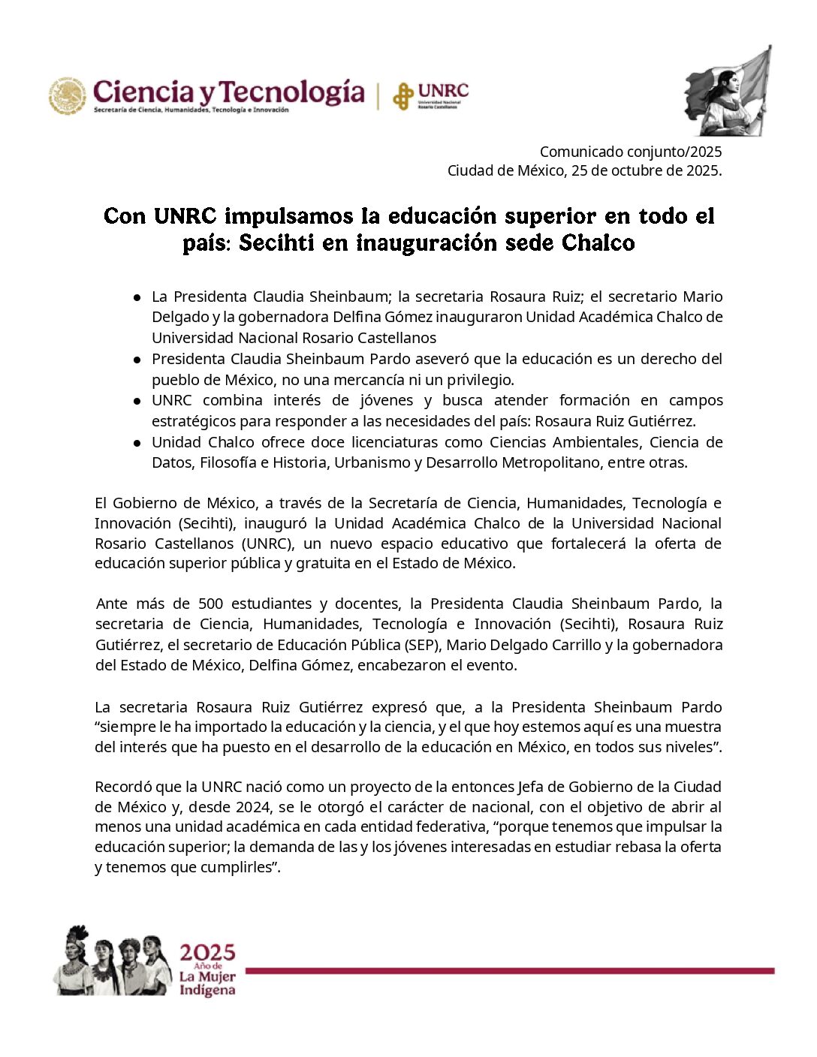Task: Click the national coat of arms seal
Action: (68, 96)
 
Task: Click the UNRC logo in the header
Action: (431, 95)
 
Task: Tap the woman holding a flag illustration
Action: (727, 92)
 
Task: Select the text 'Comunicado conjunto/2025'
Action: (631, 152)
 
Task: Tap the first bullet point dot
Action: (137, 297)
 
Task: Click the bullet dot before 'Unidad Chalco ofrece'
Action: (137, 443)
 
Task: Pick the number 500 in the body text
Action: (210, 604)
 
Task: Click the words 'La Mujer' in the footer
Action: (207, 977)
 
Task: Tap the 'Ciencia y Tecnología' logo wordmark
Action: (228, 93)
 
